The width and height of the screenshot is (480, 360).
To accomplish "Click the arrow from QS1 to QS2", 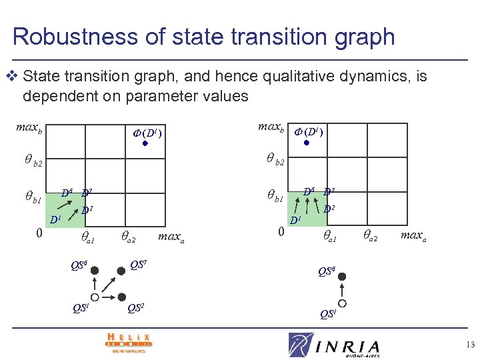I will (108, 297).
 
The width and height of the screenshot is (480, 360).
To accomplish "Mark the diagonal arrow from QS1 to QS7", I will (107, 284).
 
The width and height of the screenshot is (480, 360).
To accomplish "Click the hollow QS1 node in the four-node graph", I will (95, 297).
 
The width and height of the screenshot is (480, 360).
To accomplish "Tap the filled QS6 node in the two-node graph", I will (342, 275).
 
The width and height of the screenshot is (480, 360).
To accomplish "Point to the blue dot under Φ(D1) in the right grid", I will (307, 142).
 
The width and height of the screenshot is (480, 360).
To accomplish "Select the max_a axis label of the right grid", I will (413, 235).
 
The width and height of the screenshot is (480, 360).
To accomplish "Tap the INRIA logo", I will (334, 345).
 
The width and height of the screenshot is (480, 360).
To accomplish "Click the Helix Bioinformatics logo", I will (128, 341).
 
